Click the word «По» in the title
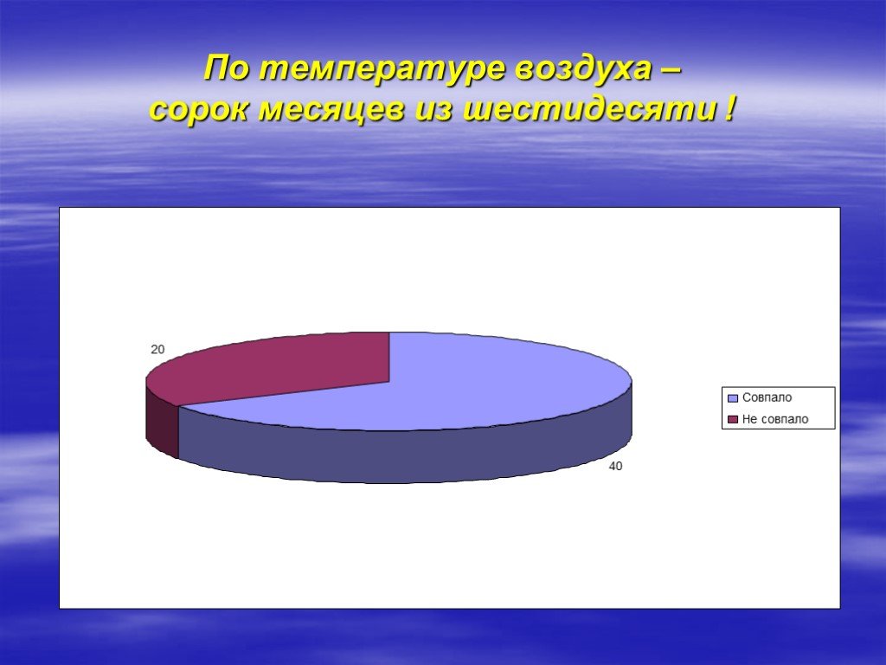[x=226, y=69]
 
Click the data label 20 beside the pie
[x=157, y=350]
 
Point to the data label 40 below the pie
[x=615, y=466]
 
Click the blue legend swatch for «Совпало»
[x=733, y=398]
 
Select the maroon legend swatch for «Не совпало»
[x=733, y=420]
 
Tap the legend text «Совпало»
[x=767, y=397]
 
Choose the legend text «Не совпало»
[x=775, y=419]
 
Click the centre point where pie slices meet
[x=389, y=382]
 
